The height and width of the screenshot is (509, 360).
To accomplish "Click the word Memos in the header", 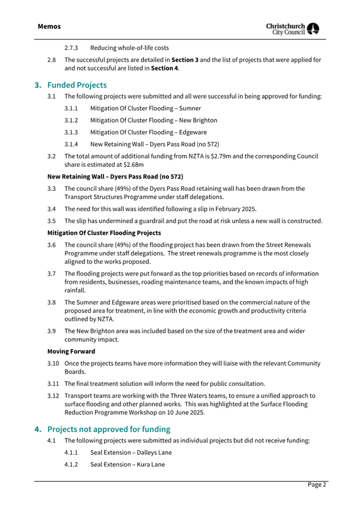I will [x=49, y=26].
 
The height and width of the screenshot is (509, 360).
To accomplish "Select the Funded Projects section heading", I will [x=77, y=85].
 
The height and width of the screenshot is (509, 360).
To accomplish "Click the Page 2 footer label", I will [x=316, y=484].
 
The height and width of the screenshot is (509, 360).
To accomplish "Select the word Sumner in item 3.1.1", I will [x=190, y=109].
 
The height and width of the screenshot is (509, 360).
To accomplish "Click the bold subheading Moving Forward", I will [x=71, y=351].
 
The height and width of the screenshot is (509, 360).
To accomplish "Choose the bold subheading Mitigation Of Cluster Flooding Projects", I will [x=104, y=232].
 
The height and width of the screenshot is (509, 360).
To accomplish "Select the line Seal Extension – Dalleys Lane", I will [x=131, y=453].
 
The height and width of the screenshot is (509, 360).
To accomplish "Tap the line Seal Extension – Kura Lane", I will [x=127, y=464].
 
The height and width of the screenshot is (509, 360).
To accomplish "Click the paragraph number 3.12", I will [x=53, y=396].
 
